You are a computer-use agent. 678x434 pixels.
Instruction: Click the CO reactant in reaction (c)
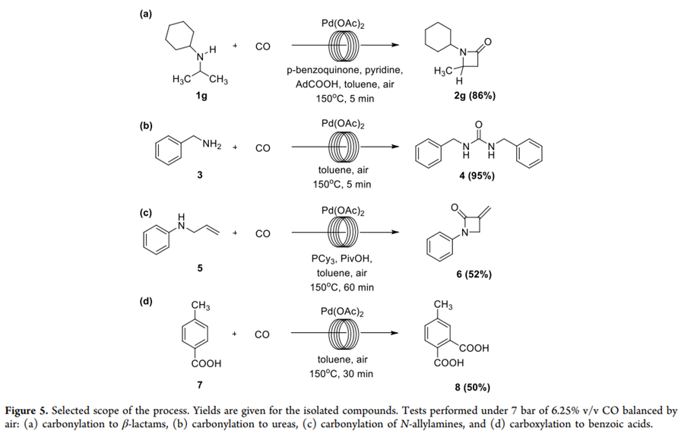(x=262, y=233)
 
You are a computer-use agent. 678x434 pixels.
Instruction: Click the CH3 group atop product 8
(x=444, y=305)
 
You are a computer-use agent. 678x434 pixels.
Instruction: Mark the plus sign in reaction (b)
(x=236, y=147)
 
